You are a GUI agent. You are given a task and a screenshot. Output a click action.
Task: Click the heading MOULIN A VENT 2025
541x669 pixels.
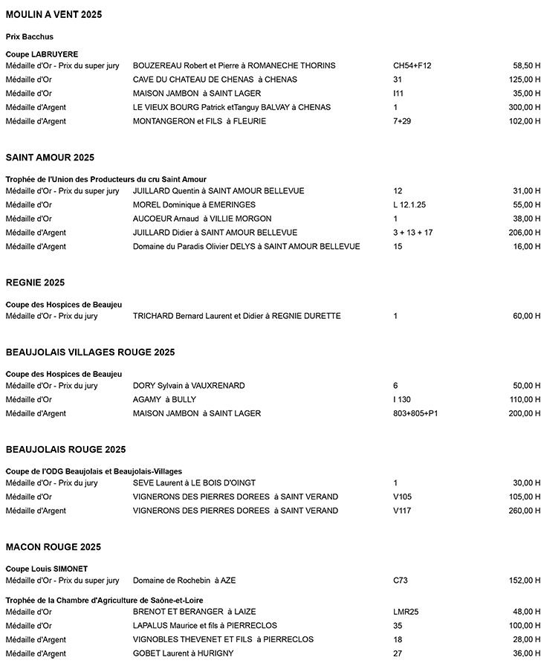point(54,15)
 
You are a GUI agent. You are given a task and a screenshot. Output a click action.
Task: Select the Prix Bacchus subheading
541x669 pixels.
point(30,36)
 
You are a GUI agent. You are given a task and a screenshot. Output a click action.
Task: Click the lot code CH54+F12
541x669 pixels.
point(412,65)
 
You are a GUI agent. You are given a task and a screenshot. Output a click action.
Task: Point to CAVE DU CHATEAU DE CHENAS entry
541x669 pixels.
point(215,80)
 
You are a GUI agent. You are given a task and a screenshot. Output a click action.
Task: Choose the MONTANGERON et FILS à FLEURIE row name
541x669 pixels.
point(199,121)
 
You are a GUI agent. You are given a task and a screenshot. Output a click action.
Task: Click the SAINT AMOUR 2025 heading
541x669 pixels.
point(50,158)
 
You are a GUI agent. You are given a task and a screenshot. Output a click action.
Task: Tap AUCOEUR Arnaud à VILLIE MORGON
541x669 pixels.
point(202,219)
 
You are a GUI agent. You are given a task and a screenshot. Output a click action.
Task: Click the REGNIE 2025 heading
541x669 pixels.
point(35,282)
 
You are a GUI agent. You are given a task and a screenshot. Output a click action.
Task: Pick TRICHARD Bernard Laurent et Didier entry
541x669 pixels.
point(236,316)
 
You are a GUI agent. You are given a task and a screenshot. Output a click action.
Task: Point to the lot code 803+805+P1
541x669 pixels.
point(415,413)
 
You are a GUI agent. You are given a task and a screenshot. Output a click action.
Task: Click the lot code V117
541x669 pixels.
point(403,511)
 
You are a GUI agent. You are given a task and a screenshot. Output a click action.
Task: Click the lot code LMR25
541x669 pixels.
point(406,612)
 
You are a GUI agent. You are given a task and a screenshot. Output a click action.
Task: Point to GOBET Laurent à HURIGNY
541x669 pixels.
point(183,653)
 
